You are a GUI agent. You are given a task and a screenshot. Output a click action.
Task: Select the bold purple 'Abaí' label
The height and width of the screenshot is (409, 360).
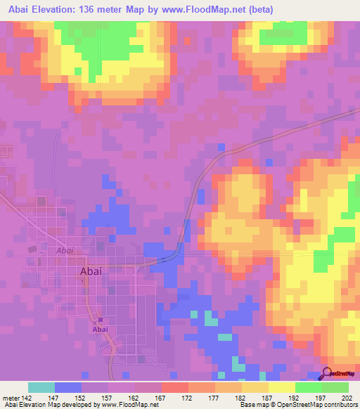click(x=99, y=329)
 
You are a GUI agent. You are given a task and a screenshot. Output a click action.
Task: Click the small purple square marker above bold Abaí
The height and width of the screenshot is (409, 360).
click(x=99, y=320)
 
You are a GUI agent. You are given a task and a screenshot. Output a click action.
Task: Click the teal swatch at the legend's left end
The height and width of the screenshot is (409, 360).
click(x=41, y=387)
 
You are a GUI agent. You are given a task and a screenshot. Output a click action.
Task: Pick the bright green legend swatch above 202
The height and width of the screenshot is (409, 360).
click(x=335, y=387)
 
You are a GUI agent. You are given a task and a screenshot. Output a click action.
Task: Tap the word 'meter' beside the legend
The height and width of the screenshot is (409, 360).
click(x=11, y=397)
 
